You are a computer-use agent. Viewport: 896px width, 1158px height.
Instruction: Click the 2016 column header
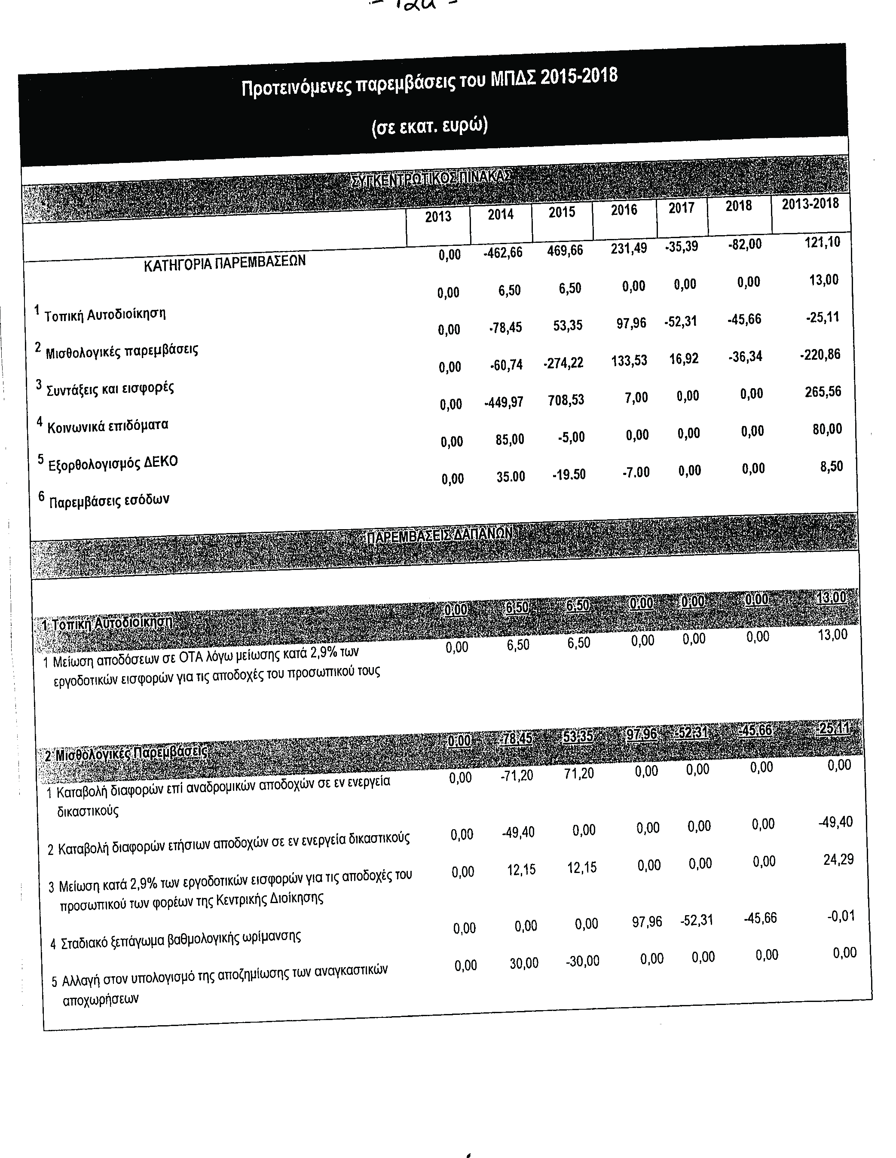pyautogui.click(x=624, y=210)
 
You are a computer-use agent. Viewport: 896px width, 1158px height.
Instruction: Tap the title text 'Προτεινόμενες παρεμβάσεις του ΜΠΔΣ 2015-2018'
pyautogui.click(x=429, y=82)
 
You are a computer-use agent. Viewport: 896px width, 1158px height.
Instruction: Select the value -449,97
pyautogui.click(x=503, y=402)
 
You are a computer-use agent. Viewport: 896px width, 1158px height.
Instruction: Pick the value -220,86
pyautogui.click(x=820, y=354)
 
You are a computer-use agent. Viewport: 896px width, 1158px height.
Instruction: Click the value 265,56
pyautogui.click(x=823, y=392)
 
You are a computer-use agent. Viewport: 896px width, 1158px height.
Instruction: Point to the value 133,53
pyautogui.click(x=629, y=361)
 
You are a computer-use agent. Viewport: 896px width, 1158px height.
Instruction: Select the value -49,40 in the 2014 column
pyautogui.click(x=518, y=832)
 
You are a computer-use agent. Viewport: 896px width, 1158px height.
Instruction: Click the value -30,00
pyautogui.click(x=582, y=961)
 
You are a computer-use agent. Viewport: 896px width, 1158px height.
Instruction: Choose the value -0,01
pyautogui.click(x=841, y=916)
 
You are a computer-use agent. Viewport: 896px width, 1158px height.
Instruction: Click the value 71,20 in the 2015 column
pyautogui.click(x=579, y=773)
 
